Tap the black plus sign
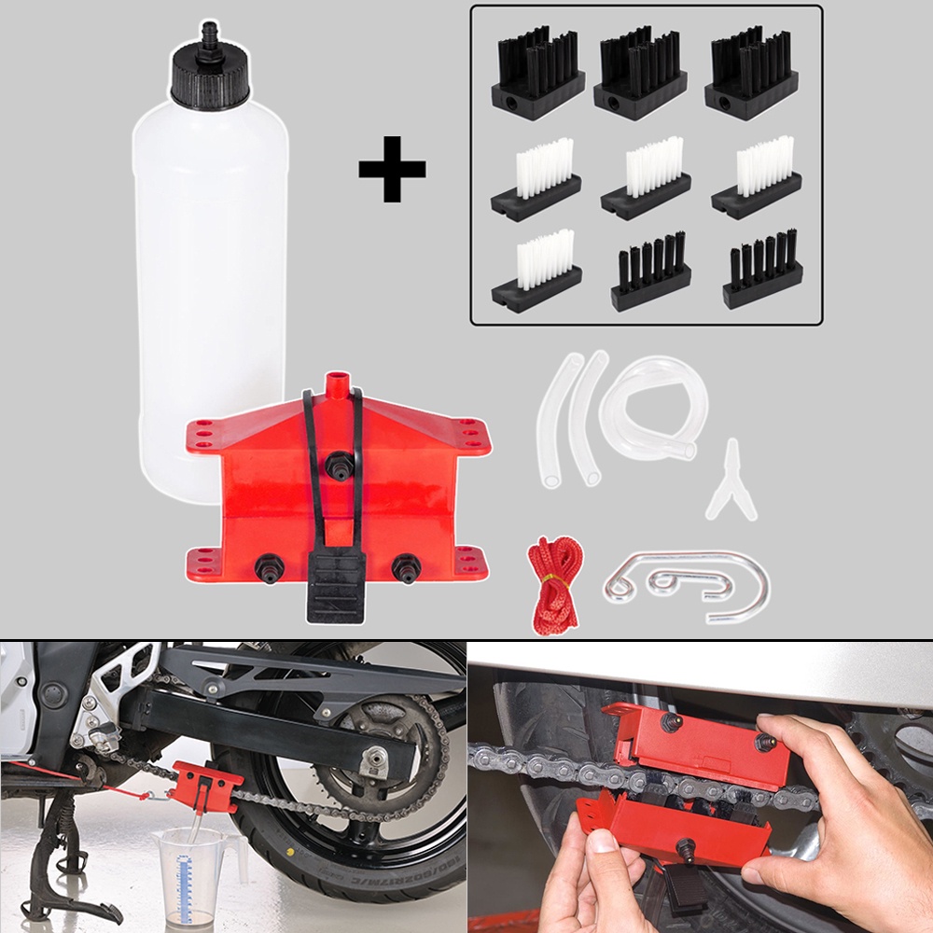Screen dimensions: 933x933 click(392, 169)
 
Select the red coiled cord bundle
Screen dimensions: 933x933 click(554, 584)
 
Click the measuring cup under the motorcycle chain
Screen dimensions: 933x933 click(191, 873)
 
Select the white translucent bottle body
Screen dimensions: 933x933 click(210, 280)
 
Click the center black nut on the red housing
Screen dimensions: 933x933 click(339, 463)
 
